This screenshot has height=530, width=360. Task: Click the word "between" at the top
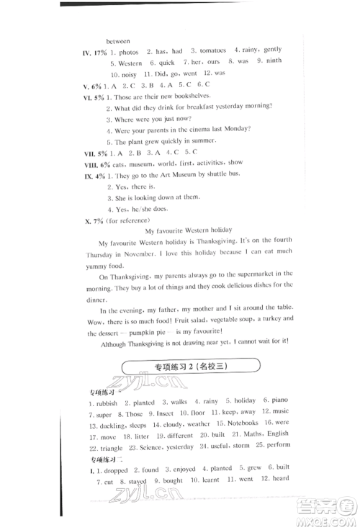[119, 39]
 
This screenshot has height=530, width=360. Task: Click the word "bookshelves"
[209, 97]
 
